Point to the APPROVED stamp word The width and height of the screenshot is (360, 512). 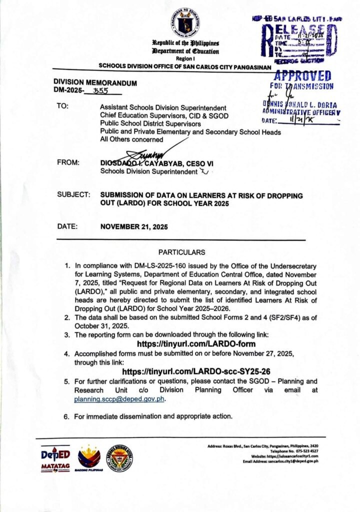click(302, 76)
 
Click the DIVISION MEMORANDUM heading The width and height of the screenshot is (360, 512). click(94, 83)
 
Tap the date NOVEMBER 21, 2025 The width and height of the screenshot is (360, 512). click(134, 226)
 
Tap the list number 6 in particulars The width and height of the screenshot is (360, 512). click(65, 416)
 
